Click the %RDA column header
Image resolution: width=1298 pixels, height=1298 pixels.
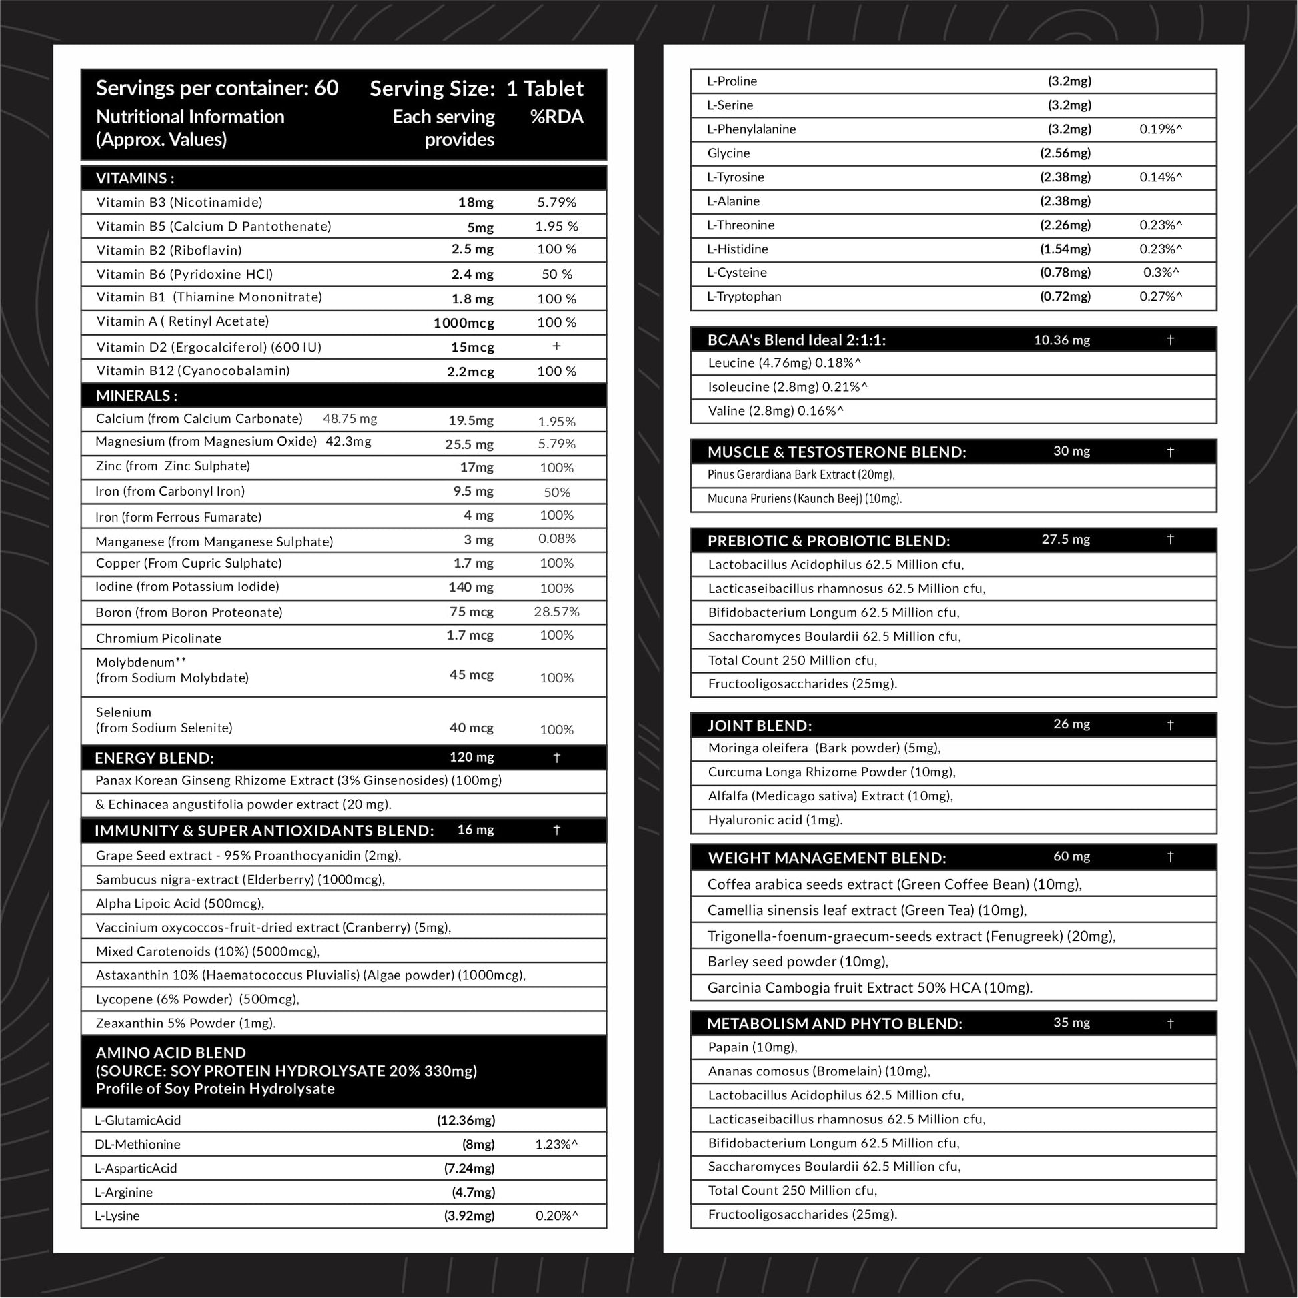click(x=556, y=117)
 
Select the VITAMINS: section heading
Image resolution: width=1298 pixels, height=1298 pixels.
click(x=135, y=178)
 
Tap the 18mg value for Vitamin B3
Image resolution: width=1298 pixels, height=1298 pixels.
click(x=476, y=202)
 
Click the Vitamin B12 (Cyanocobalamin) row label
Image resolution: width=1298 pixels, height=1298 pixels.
click(x=193, y=370)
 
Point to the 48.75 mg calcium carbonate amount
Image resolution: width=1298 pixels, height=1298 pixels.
click(x=350, y=419)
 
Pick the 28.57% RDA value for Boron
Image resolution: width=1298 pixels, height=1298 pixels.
click(x=556, y=612)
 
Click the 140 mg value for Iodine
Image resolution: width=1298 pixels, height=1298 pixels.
click(x=470, y=587)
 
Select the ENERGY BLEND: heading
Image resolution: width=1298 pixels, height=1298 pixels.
click(x=155, y=758)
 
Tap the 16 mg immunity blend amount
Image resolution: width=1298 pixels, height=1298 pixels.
click(x=475, y=830)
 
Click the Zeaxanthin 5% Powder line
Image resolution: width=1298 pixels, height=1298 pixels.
click(x=185, y=1023)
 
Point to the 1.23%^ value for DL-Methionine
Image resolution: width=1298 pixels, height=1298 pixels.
click(x=556, y=1144)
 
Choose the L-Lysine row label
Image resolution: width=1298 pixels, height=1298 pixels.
click(x=117, y=1215)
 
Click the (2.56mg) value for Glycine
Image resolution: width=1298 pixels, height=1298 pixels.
click(x=1065, y=153)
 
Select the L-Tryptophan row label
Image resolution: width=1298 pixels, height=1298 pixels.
click(x=744, y=296)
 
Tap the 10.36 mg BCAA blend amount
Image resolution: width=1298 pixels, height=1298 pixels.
click(x=1061, y=340)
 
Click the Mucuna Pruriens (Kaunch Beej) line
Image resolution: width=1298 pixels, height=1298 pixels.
click(x=804, y=498)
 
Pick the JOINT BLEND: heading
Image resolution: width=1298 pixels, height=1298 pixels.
click(x=759, y=726)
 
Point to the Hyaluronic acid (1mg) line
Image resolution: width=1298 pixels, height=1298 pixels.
click(x=775, y=820)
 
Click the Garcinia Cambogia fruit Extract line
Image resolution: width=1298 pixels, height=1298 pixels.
click(x=869, y=988)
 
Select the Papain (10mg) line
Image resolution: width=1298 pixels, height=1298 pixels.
click(x=752, y=1047)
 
